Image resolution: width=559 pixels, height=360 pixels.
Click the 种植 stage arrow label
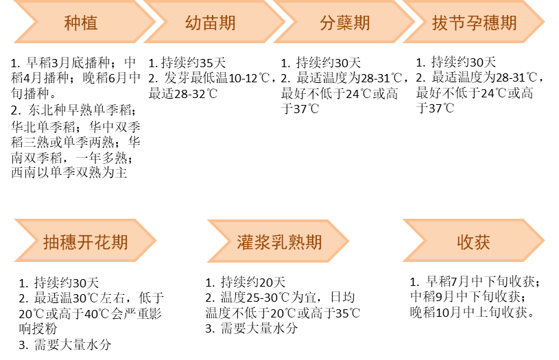click(x=81, y=23)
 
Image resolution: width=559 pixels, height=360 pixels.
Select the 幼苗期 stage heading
click(x=211, y=23)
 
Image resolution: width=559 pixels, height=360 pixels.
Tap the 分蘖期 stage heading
click(x=344, y=23)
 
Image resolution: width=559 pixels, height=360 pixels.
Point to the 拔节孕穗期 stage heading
click(x=474, y=23)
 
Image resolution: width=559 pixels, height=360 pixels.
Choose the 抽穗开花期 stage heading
click(x=85, y=241)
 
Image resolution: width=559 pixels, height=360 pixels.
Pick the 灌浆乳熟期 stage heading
click(x=279, y=241)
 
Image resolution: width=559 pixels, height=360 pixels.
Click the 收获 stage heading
click(x=473, y=241)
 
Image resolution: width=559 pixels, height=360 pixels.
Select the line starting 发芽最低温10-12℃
click(x=213, y=78)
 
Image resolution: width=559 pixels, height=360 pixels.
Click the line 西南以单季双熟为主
click(x=69, y=173)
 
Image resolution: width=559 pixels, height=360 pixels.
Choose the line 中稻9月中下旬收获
click(x=468, y=297)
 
